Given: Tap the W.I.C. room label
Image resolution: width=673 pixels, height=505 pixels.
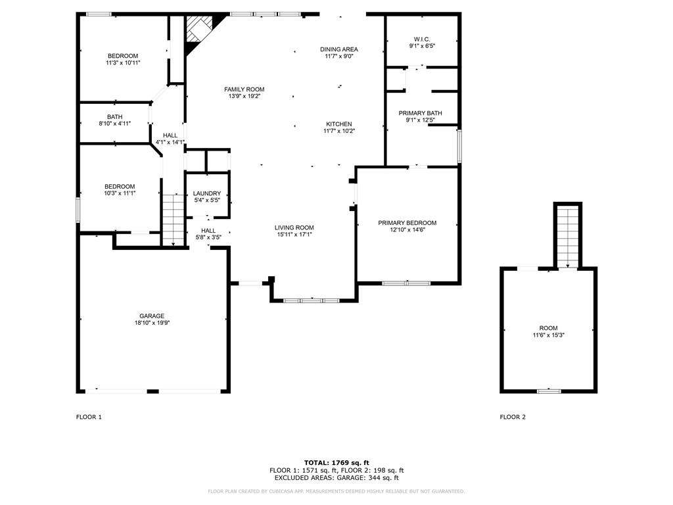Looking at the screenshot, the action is pyautogui.click(x=422, y=39).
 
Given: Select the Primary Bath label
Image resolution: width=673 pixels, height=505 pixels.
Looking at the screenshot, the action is pyautogui.click(x=420, y=113).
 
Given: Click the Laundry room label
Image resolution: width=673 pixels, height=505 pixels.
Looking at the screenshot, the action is pyautogui.click(x=207, y=194).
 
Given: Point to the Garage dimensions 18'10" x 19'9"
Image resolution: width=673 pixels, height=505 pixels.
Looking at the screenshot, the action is pyautogui.click(x=152, y=323).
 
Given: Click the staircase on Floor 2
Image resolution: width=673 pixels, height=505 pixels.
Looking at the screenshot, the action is pyautogui.click(x=568, y=237).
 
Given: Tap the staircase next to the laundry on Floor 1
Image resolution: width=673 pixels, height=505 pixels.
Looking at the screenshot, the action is pyautogui.click(x=173, y=220).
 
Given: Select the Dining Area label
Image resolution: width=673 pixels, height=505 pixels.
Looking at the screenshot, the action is pyautogui.click(x=339, y=49).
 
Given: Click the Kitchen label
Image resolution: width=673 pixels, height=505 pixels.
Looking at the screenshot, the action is pyautogui.click(x=339, y=124).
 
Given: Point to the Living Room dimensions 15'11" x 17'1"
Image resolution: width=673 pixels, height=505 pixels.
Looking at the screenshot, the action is pyautogui.click(x=294, y=235).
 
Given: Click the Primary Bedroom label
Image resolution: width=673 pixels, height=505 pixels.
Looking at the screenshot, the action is pyautogui.click(x=407, y=223).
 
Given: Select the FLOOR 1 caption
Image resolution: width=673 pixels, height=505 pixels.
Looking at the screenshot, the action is pyautogui.click(x=89, y=417).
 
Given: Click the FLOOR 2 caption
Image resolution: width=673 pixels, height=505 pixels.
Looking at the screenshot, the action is pyautogui.click(x=513, y=417).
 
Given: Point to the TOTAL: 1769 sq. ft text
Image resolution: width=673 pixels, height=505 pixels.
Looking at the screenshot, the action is pyautogui.click(x=336, y=462).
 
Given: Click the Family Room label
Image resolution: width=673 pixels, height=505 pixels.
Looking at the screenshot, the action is pyautogui.click(x=244, y=89).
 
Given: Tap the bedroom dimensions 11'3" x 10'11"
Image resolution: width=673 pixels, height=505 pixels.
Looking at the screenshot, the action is pyautogui.click(x=123, y=62).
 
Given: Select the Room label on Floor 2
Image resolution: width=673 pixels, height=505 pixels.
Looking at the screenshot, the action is pyautogui.click(x=549, y=328).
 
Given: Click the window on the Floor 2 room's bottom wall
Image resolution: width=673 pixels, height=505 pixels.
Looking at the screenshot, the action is pyautogui.click(x=549, y=391).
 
